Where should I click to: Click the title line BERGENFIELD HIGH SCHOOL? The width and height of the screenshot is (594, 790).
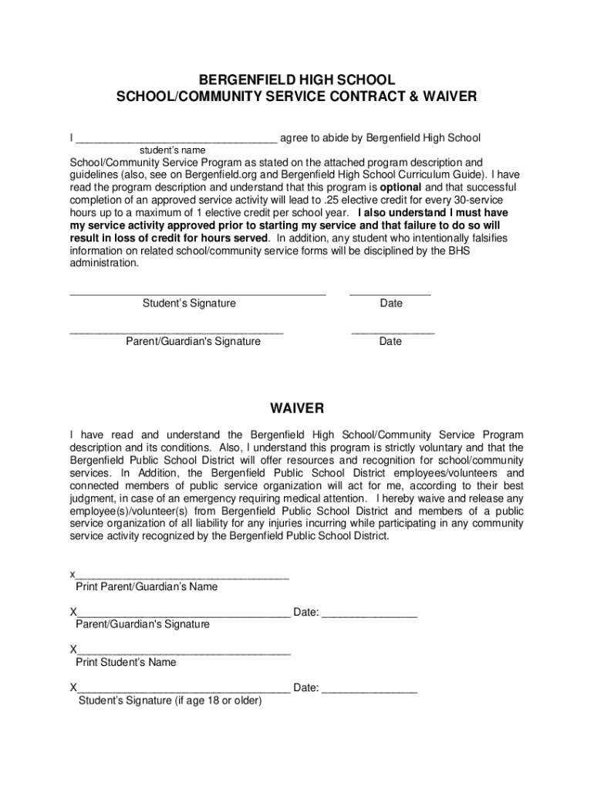click(296, 80)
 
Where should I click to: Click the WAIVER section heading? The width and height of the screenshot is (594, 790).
click(296, 408)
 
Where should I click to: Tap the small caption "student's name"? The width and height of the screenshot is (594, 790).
click(172, 150)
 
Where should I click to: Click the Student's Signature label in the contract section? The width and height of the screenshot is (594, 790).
click(189, 303)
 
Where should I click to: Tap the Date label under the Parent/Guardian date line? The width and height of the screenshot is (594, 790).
click(390, 341)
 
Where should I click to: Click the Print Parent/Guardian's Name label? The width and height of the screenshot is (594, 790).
click(147, 586)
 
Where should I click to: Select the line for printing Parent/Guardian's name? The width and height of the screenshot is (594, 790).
click(182, 577)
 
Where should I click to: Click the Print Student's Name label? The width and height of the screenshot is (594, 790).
click(126, 662)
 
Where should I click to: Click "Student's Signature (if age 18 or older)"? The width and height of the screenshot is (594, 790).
click(170, 701)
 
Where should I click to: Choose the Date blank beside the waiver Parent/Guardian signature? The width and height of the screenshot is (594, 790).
click(370, 616)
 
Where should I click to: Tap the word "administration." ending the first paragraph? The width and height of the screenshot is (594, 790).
click(105, 263)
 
